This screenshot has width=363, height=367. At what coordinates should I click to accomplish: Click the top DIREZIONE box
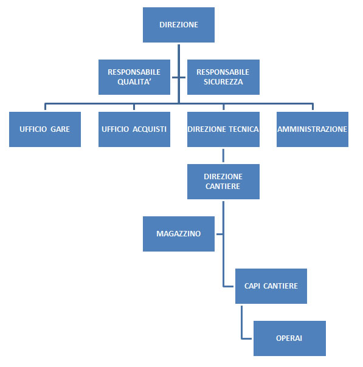click(178, 25)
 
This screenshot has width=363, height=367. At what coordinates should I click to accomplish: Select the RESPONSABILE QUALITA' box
click(134, 77)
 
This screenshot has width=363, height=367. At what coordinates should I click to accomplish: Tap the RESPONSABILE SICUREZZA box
click(223, 77)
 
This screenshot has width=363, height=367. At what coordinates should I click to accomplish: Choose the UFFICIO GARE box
click(44, 129)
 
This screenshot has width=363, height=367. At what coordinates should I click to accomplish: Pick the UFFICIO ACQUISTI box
click(134, 129)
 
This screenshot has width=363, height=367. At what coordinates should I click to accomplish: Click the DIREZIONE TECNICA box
click(223, 129)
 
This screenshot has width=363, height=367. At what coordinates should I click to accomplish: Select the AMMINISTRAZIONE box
click(312, 129)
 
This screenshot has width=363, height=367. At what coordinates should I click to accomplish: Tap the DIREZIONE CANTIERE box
click(223, 182)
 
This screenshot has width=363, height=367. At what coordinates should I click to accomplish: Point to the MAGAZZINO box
click(178, 234)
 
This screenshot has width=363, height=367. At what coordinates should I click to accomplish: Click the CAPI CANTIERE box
click(271, 286)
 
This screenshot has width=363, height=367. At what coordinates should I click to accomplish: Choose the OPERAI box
click(289, 338)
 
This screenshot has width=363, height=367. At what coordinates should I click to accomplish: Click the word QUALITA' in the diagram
click(134, 82)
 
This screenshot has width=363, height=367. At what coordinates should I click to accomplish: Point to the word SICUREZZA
click(223, 82)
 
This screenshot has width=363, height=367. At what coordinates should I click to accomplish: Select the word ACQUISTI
click(150, 129)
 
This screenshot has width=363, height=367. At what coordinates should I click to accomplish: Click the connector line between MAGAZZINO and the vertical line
click(219, 234)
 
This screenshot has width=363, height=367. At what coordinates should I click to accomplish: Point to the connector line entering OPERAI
click(247, 338)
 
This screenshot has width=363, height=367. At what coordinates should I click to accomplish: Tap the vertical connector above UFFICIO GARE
click(44, 107)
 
